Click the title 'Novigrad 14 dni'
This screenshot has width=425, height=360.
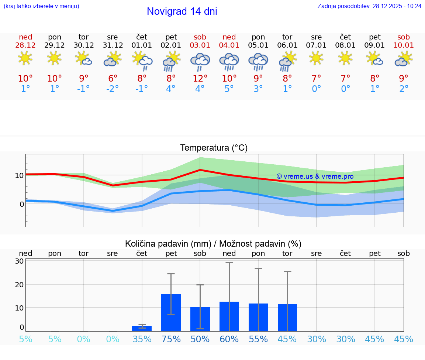point(182,11)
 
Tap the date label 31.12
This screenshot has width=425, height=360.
point(113,45)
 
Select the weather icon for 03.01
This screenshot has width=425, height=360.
point(200,61)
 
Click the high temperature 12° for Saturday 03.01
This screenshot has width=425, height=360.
point(200,79)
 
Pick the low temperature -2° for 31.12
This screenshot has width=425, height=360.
point(113,89)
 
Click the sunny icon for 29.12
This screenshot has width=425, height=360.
point(55,58)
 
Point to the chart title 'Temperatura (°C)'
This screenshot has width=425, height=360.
point(214,148)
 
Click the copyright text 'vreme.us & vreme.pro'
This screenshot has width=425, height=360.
point(315,176)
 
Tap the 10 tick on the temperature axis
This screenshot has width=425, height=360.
point(19,175)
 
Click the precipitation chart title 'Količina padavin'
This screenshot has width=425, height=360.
point(213,244)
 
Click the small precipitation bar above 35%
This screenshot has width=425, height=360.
point(142,329)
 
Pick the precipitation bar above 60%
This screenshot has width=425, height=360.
point(229,316)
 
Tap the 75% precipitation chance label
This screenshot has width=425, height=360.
point(171,339)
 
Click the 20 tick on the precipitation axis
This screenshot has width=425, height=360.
point(19,284)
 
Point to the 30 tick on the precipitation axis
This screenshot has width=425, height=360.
point(19,261)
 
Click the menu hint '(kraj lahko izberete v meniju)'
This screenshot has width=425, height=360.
point(41,6)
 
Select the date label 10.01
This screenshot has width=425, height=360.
point(404,45)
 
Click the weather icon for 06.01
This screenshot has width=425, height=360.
point(287,61)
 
